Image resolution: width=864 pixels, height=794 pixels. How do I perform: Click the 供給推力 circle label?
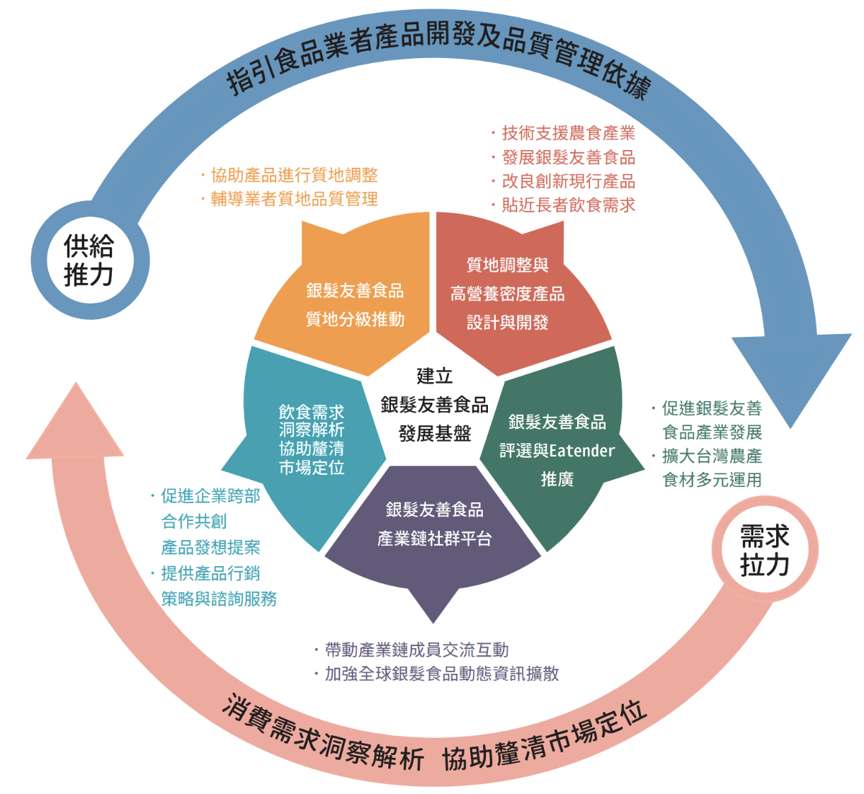(x=89, y=260)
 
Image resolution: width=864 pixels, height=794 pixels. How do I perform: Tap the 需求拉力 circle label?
(x=764, y=550)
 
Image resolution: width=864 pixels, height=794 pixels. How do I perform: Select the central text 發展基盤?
(x=434, y=433)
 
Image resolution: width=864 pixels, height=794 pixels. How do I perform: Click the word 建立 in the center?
(x=434, y=376)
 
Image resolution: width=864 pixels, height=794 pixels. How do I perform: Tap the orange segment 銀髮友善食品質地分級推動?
(x=355, y=304)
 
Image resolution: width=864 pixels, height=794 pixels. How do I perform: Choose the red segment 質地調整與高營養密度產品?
(x=507, y=293)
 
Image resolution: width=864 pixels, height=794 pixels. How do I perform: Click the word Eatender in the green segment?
(x=582, y=451)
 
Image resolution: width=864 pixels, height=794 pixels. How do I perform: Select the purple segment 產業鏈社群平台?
(x=434, y=524)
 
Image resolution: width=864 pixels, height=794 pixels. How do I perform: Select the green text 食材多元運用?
(x=712, y=480)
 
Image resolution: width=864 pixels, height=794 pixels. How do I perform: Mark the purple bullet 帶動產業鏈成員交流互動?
(x=416, y=650)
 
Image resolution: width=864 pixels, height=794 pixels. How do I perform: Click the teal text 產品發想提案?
(x=210, y=547)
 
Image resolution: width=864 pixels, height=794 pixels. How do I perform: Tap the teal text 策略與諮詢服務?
(x=219, y=599)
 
